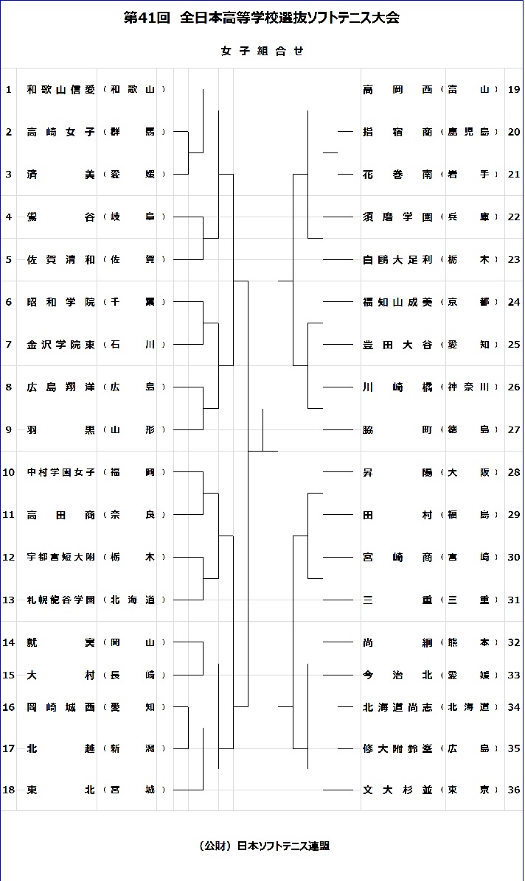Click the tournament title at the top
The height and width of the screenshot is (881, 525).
click(x=262, y=18)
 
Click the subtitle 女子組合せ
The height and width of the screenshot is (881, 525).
click(x=262, y=51)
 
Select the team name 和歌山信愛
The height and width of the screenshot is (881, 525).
click(x=60, y=90)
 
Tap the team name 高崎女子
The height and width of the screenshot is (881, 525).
click(x=60, y=133)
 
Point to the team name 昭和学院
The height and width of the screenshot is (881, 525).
click(x=60, y=302)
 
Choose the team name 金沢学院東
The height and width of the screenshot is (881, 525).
click(x=60, y=345)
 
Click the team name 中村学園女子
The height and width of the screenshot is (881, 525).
click(x=60, y=472)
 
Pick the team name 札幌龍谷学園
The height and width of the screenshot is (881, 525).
click(x=60, y=600)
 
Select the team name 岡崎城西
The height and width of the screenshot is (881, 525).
click(x=60, y=707)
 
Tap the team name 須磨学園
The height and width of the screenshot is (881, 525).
click(x=397, y=217)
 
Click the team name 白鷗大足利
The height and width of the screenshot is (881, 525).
click(x=397, y=260)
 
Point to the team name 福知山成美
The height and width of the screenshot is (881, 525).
click(x=397, y=302)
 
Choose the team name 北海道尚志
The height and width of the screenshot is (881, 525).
click(x=397, y=707)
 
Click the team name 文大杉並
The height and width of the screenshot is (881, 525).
click(x=397, y=790)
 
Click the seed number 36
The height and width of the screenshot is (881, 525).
click(x=514, y=790)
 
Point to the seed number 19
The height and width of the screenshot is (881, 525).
click(x=514, y=90)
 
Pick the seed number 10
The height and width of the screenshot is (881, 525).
click(x=9, y=472)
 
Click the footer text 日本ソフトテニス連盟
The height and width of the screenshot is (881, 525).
click(x=284, y=846)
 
